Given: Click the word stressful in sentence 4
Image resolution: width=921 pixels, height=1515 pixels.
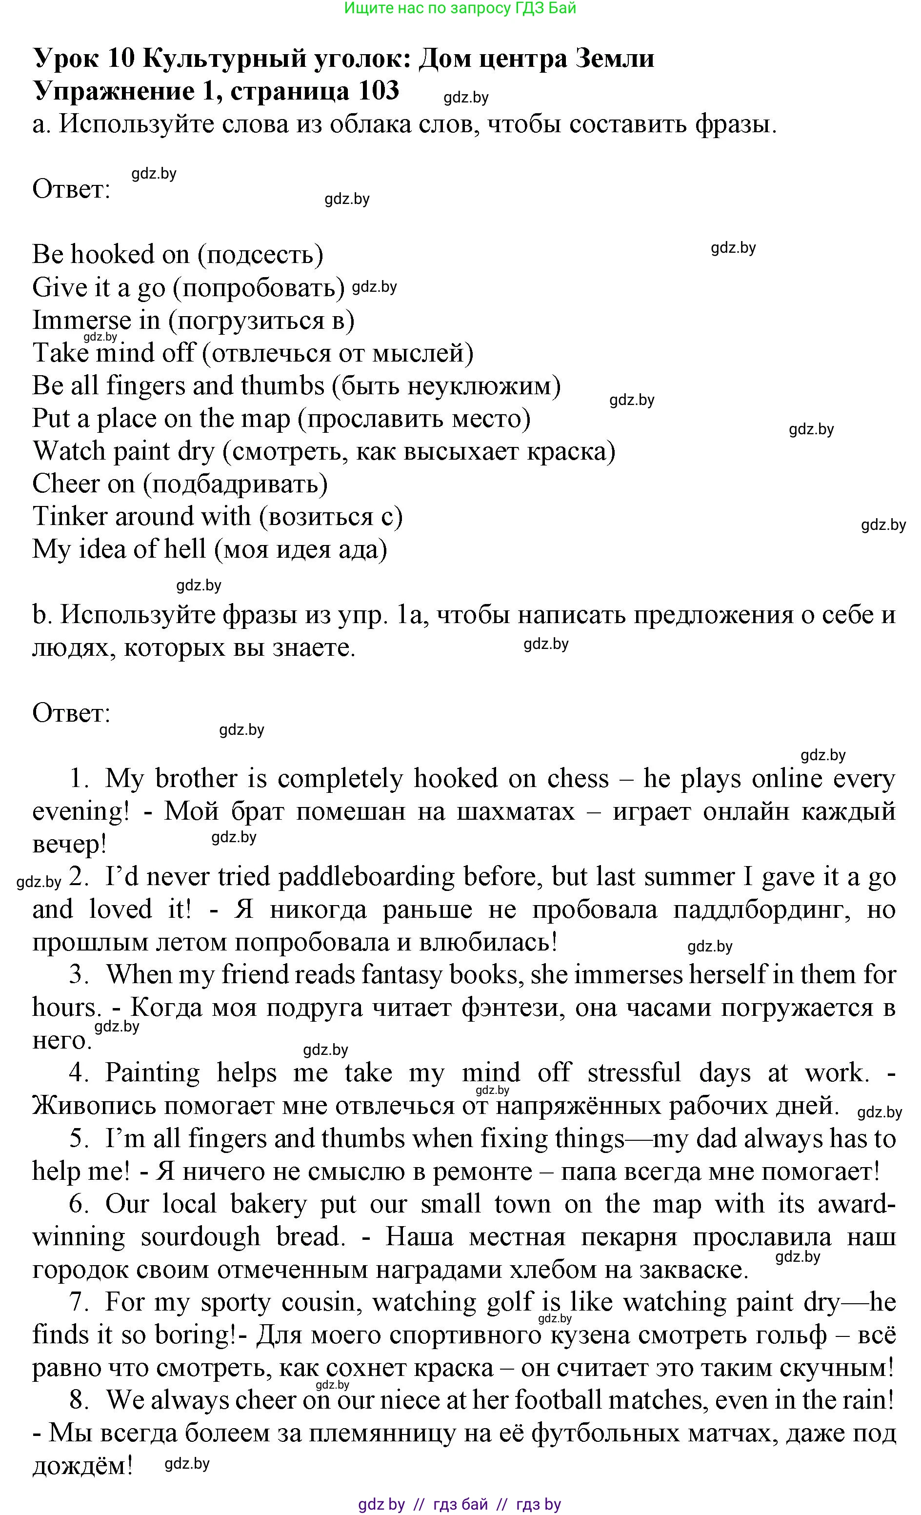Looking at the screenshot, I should pyautogui.click(x=634, y=1073).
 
